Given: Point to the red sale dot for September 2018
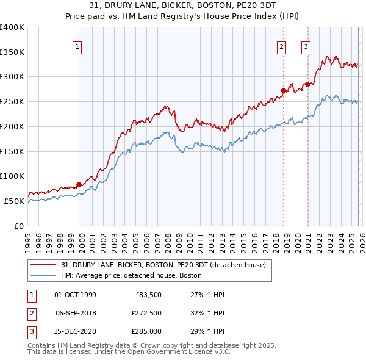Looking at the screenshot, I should click(x=284, y=91).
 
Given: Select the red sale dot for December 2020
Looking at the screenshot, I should click(x=308, y=84).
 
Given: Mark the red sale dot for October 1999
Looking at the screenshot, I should click(x=79, y=184).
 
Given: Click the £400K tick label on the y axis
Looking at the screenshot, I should click(x=12, y=27).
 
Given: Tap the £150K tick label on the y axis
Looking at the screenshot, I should click(x=12, y=151).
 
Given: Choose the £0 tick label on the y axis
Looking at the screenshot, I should click(x=19, y=226).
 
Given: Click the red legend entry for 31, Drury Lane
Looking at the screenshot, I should click(x=163, y=265).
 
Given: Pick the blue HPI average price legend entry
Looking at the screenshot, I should click(x=131, y=276).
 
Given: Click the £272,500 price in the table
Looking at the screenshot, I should click(x=146, y=313).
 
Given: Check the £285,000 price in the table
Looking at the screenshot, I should click(x=146, y=331).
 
